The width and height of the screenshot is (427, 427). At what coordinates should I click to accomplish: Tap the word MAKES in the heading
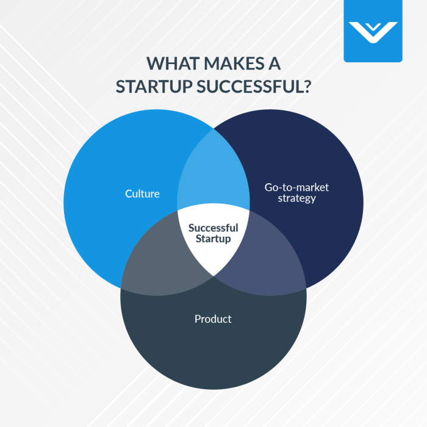(x=232, y=65)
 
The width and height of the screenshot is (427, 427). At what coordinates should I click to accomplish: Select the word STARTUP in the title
(x=155, y=86)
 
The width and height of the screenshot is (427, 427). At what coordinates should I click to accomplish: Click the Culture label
(x=142, y=194)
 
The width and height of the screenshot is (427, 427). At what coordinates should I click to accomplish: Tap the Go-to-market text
(x=296, y=187)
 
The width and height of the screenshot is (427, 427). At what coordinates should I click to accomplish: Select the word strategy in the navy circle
(x=296, y=199)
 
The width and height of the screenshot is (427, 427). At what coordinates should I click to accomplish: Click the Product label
(x=213, y=319)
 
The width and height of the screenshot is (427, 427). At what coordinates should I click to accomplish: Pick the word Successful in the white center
(x=213, y=228)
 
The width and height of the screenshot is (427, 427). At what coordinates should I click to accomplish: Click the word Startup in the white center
(x=213, y=239)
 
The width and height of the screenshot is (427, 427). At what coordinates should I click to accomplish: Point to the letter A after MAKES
(x=274, y=65)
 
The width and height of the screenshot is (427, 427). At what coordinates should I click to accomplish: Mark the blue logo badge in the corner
(x=373, y=30)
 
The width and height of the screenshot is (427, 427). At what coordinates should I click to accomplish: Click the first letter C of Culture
(x=127, y=194)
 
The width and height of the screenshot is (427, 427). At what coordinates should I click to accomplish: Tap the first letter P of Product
(x=198, y=319)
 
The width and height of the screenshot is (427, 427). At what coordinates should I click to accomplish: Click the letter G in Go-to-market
(x=268, y=187)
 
